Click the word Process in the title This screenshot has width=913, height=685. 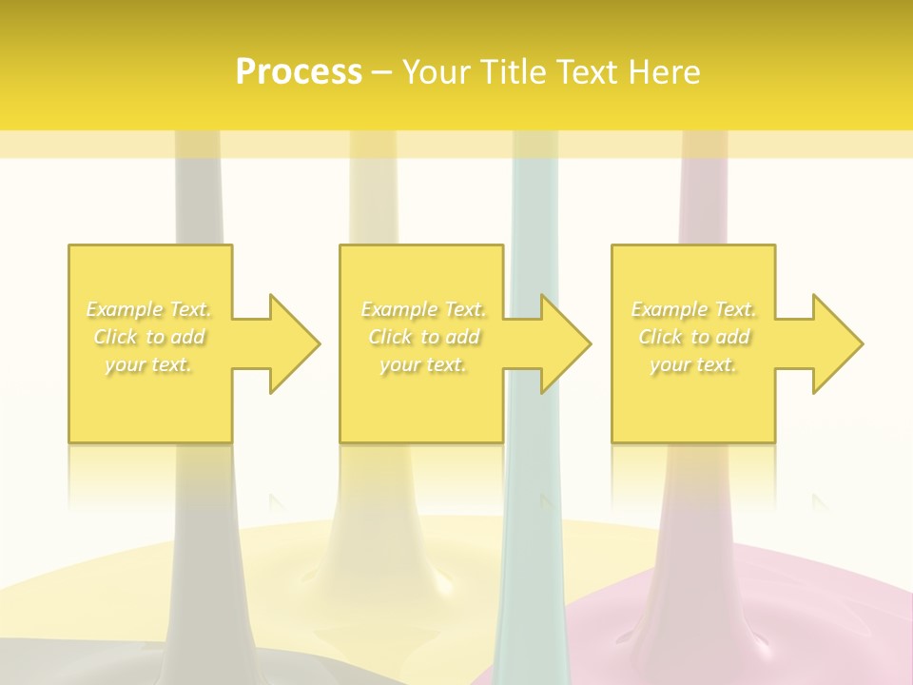[x=299, y=72]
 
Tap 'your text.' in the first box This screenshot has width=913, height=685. [x=148, y=364]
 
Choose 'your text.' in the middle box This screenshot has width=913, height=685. [x=423, y=364]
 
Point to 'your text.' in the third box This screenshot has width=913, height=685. [x=693, y=364]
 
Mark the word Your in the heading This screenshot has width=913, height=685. [x=435, y=72]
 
